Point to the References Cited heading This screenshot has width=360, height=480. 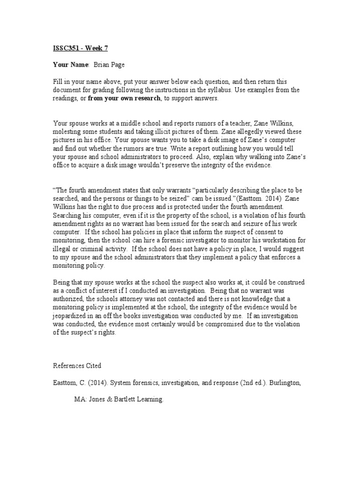pos(76,365)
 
